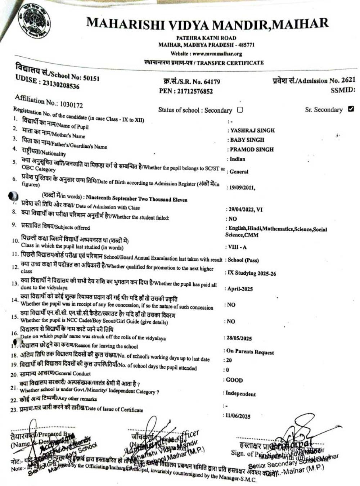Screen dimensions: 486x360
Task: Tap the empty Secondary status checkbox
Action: pyautogui.click(x=240, y=110)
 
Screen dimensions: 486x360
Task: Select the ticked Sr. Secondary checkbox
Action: pyautogui.click(x=351, y=109)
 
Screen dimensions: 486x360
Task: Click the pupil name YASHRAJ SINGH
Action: pyautogui.click(x=252, y=130)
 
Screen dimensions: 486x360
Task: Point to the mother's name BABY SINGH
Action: pyautogui.click(x=247, y=140)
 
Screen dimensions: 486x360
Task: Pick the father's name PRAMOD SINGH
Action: pyautogui.click(x=252, y=149)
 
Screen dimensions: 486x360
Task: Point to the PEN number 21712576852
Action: pyautogui.click(x=195, y=91)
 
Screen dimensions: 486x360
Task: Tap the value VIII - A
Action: pyautogui.click(x=237, y=247)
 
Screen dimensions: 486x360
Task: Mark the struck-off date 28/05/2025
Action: pyautogui.click(x=239, y=338)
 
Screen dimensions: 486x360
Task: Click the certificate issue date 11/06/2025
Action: pyautogui.click(x=238, y=416)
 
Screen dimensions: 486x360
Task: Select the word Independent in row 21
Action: pyautogui.click(x=240, y=394)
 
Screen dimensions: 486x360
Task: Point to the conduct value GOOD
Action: pyautogui.click(x=235, y=380)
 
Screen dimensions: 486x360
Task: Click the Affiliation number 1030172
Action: pyautogui.click(x=71, y=104)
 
